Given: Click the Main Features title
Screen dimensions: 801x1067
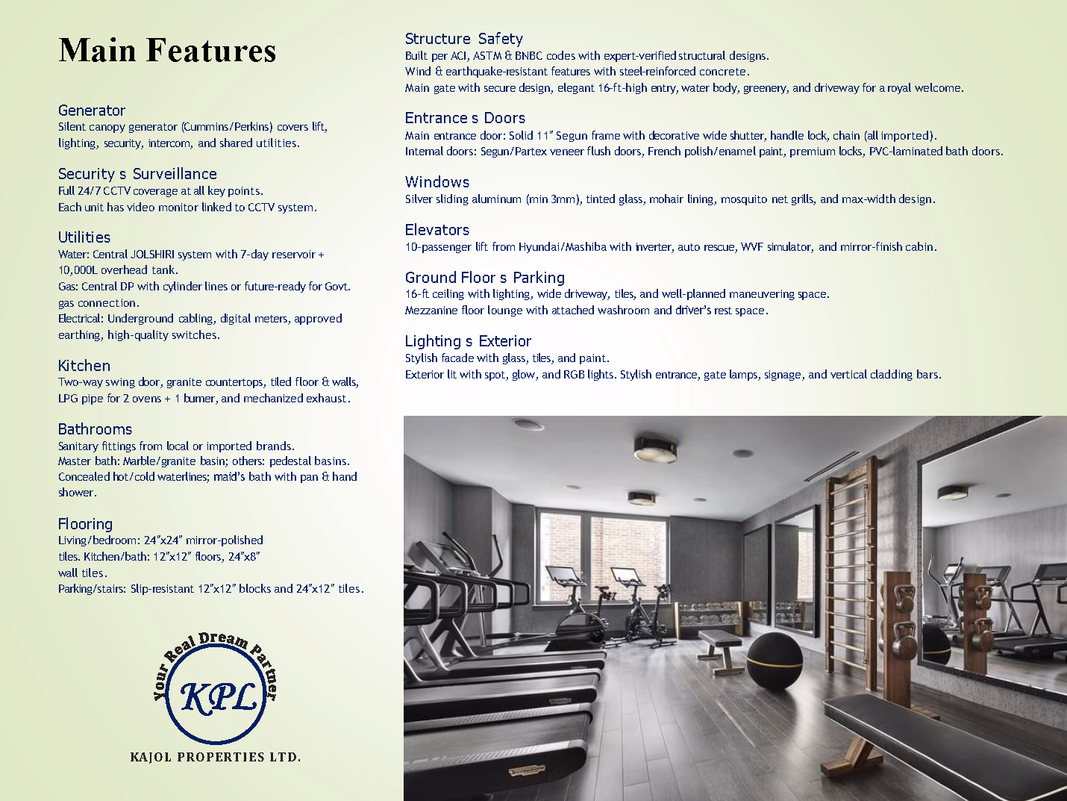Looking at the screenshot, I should click(167, 51).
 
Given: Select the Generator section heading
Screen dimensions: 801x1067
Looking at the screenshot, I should click(92, 110).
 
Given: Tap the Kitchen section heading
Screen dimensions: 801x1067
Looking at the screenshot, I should click(84, 366).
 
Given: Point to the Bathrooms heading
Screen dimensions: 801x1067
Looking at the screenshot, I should click(95, 429).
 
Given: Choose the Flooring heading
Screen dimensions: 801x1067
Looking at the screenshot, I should click(85, 524).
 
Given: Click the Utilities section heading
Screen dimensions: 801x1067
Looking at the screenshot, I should click(84, 237).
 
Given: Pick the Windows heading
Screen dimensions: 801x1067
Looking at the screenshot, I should click(437, 182).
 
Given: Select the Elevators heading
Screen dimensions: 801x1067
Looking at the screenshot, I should click(437, 230).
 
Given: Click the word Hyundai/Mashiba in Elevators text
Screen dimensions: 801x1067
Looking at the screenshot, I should click(563, 247).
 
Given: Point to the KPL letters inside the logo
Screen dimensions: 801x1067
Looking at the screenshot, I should click(218, 696).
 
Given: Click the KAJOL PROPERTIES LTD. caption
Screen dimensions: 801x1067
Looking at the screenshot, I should click(216, 757).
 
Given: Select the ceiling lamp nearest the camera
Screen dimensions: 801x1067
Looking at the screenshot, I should click(654, 449).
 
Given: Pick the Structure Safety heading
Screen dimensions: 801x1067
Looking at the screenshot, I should click(463, 39).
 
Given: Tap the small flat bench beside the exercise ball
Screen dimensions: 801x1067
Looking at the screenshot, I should click(720, 641).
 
